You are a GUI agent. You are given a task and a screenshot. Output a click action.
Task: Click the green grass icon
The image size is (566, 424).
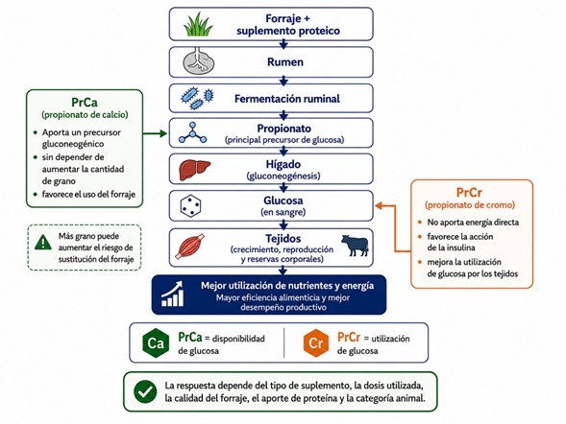tap(198, 25)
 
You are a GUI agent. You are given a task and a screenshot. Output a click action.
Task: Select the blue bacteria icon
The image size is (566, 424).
tap(197, 98)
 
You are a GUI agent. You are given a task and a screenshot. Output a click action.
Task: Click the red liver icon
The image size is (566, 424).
tap(194, 170)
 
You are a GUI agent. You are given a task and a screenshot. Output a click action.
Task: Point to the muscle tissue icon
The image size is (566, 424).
tap(190, 247)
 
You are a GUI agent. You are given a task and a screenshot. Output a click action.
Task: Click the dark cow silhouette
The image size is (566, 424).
tap(355, 246)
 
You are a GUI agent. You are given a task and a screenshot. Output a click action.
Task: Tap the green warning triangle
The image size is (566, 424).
tap(43, 242)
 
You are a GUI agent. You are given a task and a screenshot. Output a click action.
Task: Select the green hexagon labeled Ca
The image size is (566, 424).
tap(156, 342)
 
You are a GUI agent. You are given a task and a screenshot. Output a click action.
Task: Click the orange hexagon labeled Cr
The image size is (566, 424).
tap(316, 342)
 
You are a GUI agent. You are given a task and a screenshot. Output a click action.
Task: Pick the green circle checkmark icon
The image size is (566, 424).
tap(145, 391)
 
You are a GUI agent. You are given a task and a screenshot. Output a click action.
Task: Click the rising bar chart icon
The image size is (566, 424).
tap(173, 294)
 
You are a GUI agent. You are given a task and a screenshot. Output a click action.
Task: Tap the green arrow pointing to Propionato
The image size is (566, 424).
tap(155, 134)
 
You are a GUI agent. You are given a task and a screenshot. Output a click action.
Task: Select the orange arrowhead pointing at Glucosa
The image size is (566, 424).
tap(379, 205)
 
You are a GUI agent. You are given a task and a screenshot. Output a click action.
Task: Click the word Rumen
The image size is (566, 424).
tap(285, 62)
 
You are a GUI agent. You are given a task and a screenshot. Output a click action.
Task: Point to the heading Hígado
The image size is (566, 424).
tap(283, 164)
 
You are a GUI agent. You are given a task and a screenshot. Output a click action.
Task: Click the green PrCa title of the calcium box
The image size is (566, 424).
tap(85, 103)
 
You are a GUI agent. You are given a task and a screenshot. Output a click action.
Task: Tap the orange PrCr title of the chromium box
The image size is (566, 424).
tap(469, 193)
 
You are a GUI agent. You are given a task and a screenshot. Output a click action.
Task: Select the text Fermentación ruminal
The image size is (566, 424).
tap(287, 99)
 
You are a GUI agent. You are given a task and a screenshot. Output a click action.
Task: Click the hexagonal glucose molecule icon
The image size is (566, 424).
tap(190, 206)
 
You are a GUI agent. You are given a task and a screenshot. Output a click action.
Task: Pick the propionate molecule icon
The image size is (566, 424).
tap(193, 132)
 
